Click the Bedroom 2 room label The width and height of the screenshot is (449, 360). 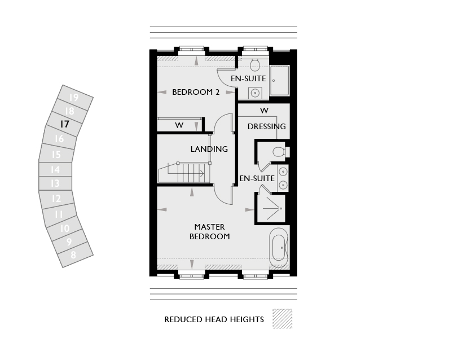click(x=196, y=92)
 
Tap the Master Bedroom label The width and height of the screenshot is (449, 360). click(x=210, y=232)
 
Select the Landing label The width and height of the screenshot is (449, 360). click(x=209, y=149)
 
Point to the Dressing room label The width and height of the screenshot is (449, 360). click(x=267, y=126)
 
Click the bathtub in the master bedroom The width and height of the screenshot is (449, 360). click(x=279, y=248)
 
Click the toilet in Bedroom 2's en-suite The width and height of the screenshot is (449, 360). click(x=254, y=64)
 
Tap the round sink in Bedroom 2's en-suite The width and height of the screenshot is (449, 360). click(x=255, y=93)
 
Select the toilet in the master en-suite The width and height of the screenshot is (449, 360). click(x=280, y=152)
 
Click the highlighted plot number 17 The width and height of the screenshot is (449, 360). click(x=64, y=124)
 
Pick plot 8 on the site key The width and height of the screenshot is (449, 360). click(x=73, y=254)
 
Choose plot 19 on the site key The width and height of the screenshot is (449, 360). click(x=74, y=98)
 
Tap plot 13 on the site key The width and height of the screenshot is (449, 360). click(x=55, y=183)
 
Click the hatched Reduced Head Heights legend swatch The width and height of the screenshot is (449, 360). click(x=283, y=318)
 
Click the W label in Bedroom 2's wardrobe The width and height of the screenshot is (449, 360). click(x=179, y=125)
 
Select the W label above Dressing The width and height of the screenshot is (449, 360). click(x=265, y=110)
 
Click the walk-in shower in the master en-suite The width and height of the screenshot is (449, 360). click(x=271, y=208)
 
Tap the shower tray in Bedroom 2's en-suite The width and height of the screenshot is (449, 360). click(x=280, y=81)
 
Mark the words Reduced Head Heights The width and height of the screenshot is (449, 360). click(x=214, y=319)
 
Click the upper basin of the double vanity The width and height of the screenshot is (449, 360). click(x=283, y=172)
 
